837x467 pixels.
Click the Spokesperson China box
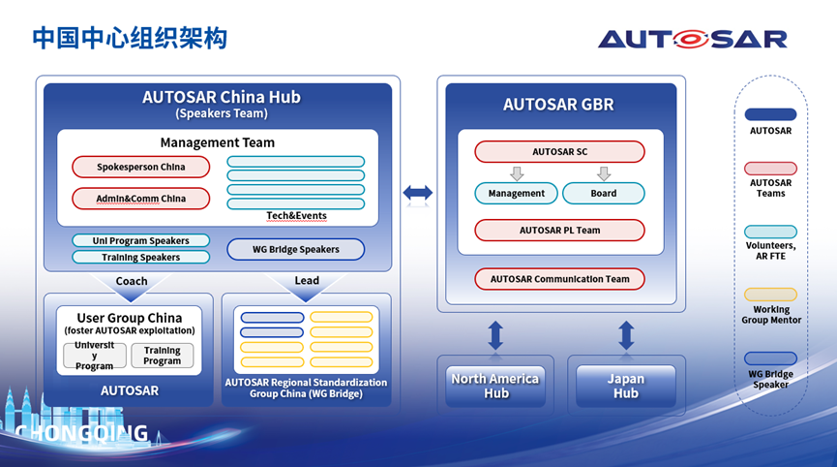pyautogui.click(x=140, y=167)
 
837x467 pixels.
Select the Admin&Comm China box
pyautogui.click(x=140, y=199)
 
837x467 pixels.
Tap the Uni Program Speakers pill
pyautogui.click(x=140, y=240)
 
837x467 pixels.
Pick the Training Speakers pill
pyautogui.click(x=140, y=258)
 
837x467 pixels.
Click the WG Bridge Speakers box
pyautogui.click(x=295, y=249)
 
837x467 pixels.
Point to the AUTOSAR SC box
pyautogui.click(x=559, y=152)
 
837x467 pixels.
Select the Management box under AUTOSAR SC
pyautogui.click(x=516, y=193)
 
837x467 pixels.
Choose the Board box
pyautogui.click(x=603, y=193)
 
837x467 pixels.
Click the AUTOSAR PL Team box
pyautogui.click(x=559, y=231)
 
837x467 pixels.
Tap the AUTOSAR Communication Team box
pyautogui.click(x=559, y=279)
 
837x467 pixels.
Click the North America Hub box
pyautogui.click(x=494, y=386)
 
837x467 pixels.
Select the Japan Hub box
pyautogui.click(x=625, y=386)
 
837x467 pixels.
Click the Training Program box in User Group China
pyautogui.click(x=162, y=356)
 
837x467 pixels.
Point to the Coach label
pyautogui.click(x=132, y=281)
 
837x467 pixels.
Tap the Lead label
pyautogui.click(x=307, y=281)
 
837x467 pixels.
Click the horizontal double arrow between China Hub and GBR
pyautogui.click(x=417, y=194)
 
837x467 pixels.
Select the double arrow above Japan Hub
pyautogui.click(x=626, y=335)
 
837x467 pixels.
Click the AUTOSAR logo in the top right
pyautogui.click(x=692, y=39)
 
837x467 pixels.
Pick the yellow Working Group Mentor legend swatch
pyautogui.click(x=770, y=295)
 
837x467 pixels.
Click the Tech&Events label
pyautogui.click(x=296, y=215)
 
